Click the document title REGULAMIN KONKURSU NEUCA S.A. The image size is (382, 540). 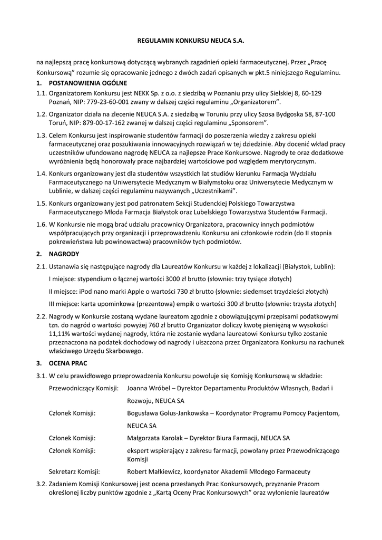pyautogui.click(x=191, y=40)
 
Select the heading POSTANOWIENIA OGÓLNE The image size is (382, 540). pyautogui.click(x=87, y=83)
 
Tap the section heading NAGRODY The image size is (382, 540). pyautogui.click(x=64, y=254)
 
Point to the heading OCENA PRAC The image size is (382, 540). pyautogui.click(x=69, y=363)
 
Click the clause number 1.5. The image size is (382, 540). pyautogui.click(x=41, y=203)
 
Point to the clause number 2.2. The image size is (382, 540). pyautogui.click(x=41, y=317)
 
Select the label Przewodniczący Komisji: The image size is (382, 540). pyautogui.click(x=83, y=388)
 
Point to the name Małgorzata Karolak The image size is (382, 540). pyautogui.click(x=156, y=438)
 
